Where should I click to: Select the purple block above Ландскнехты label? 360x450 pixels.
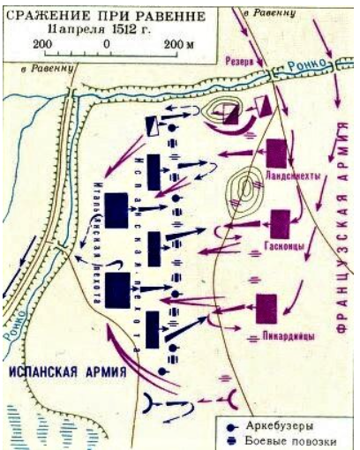click(277, 151)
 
